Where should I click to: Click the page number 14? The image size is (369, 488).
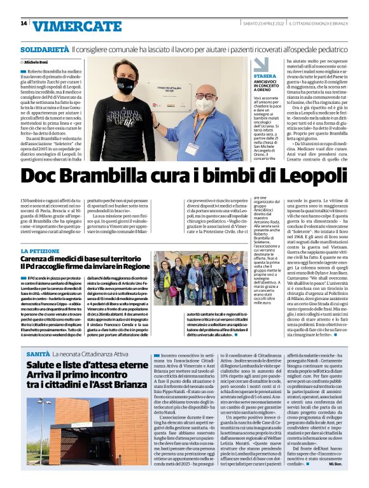(24, 24)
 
